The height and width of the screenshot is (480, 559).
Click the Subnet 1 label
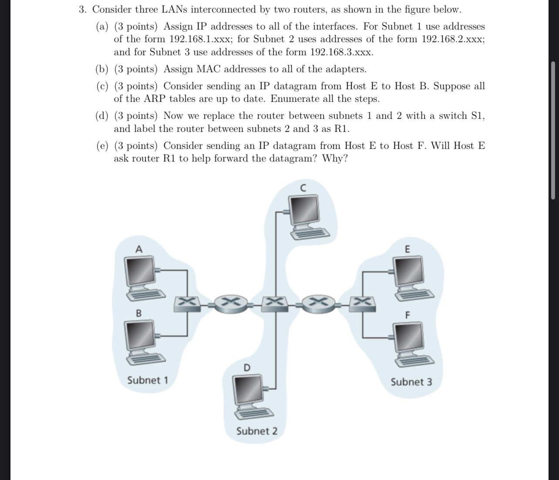coord(148,380)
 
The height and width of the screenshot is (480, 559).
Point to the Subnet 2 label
coord(256,431)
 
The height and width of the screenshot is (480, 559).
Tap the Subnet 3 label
coord(411,382)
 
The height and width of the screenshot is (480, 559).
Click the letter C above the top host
coord(303,188)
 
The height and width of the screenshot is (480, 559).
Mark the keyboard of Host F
coord(414,359)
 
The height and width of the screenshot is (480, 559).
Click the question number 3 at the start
coord(82,9)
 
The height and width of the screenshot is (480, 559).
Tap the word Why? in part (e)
coord(335,158)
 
